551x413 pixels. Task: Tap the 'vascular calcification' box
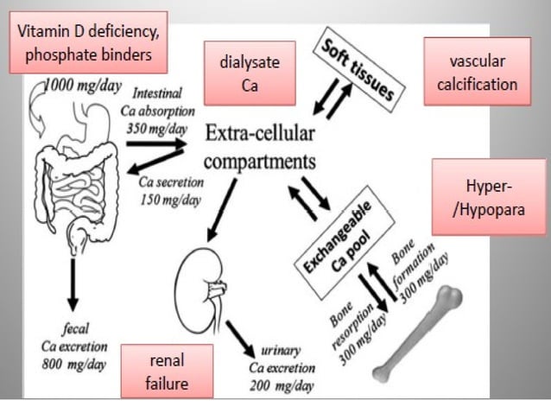476,73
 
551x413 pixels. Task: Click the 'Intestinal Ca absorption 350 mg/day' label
163,105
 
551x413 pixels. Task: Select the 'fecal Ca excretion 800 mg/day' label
74,346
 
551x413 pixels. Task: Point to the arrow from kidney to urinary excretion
241,332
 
